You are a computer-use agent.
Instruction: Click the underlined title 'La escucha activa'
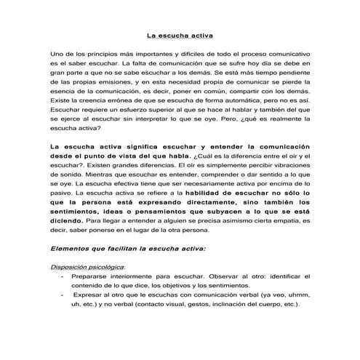click(180, 34)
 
